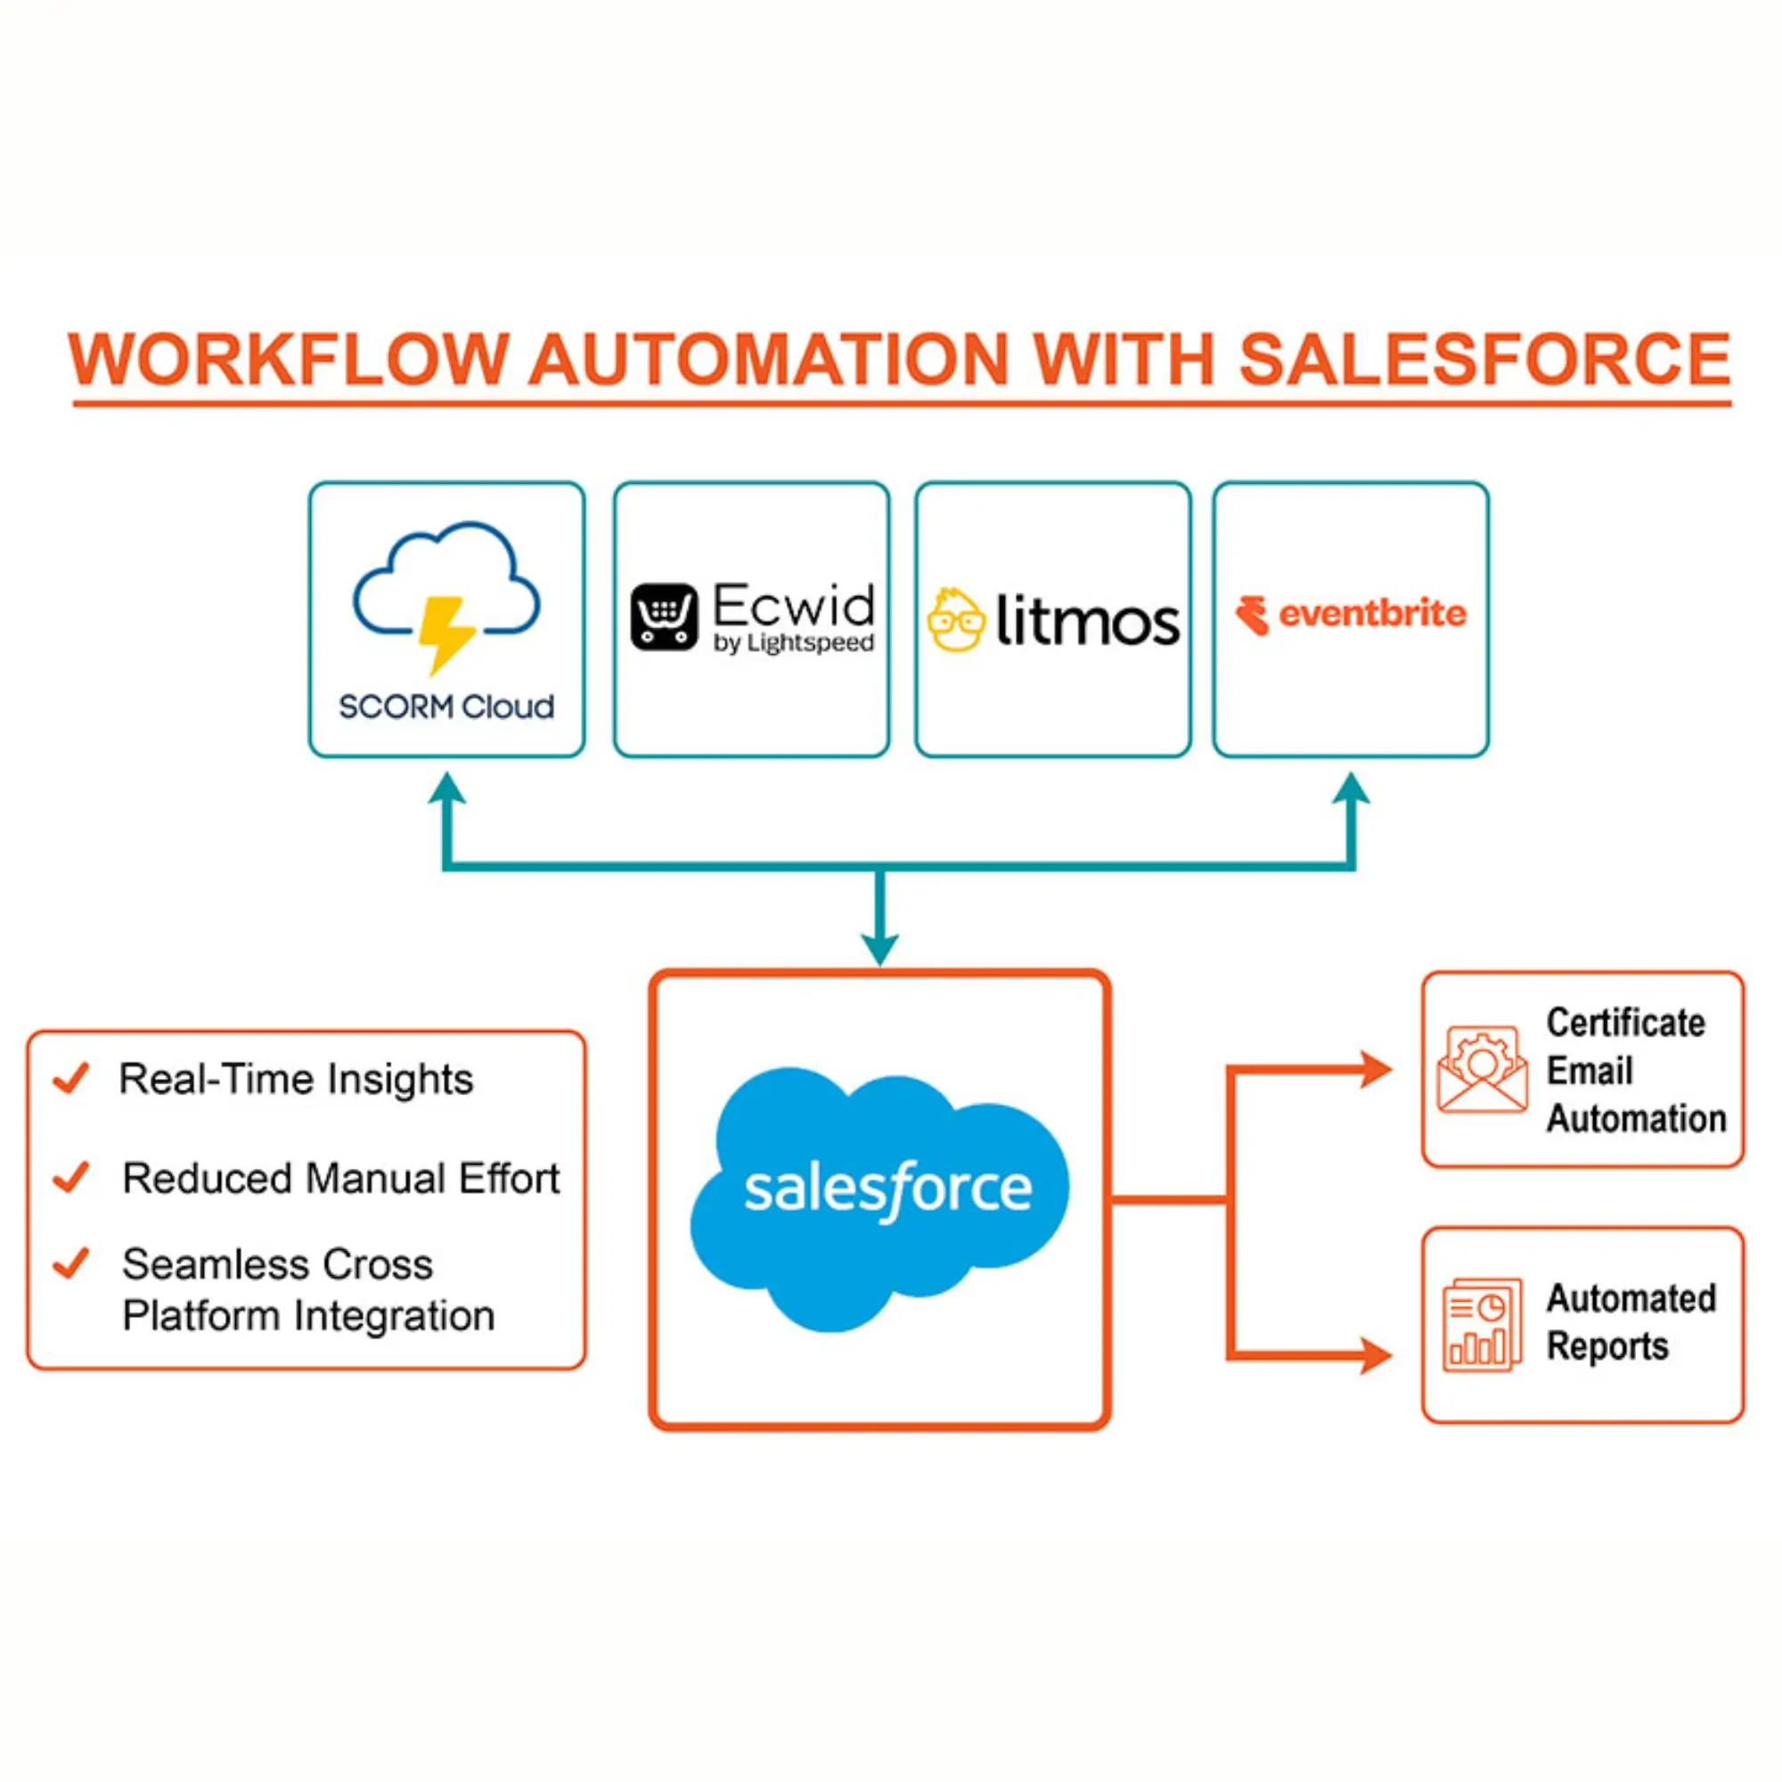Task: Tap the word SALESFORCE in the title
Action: point(1484,359)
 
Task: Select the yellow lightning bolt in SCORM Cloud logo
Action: point(446,633)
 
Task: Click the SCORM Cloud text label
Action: point(446,707)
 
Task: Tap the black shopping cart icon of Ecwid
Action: point(663,617)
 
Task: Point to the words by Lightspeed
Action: point(793,643)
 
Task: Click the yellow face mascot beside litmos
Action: point(955,620)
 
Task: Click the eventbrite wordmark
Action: point(1371,613)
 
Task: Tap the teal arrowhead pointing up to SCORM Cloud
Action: point(447,789)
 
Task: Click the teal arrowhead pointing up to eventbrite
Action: point(1352,789)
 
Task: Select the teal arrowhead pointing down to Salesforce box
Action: point(880,949)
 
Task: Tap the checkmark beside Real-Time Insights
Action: point(71,1077)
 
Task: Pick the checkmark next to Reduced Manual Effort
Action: point(71,1177)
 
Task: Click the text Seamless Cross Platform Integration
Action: point(308,1289)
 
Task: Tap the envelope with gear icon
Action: point(1483,1070)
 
